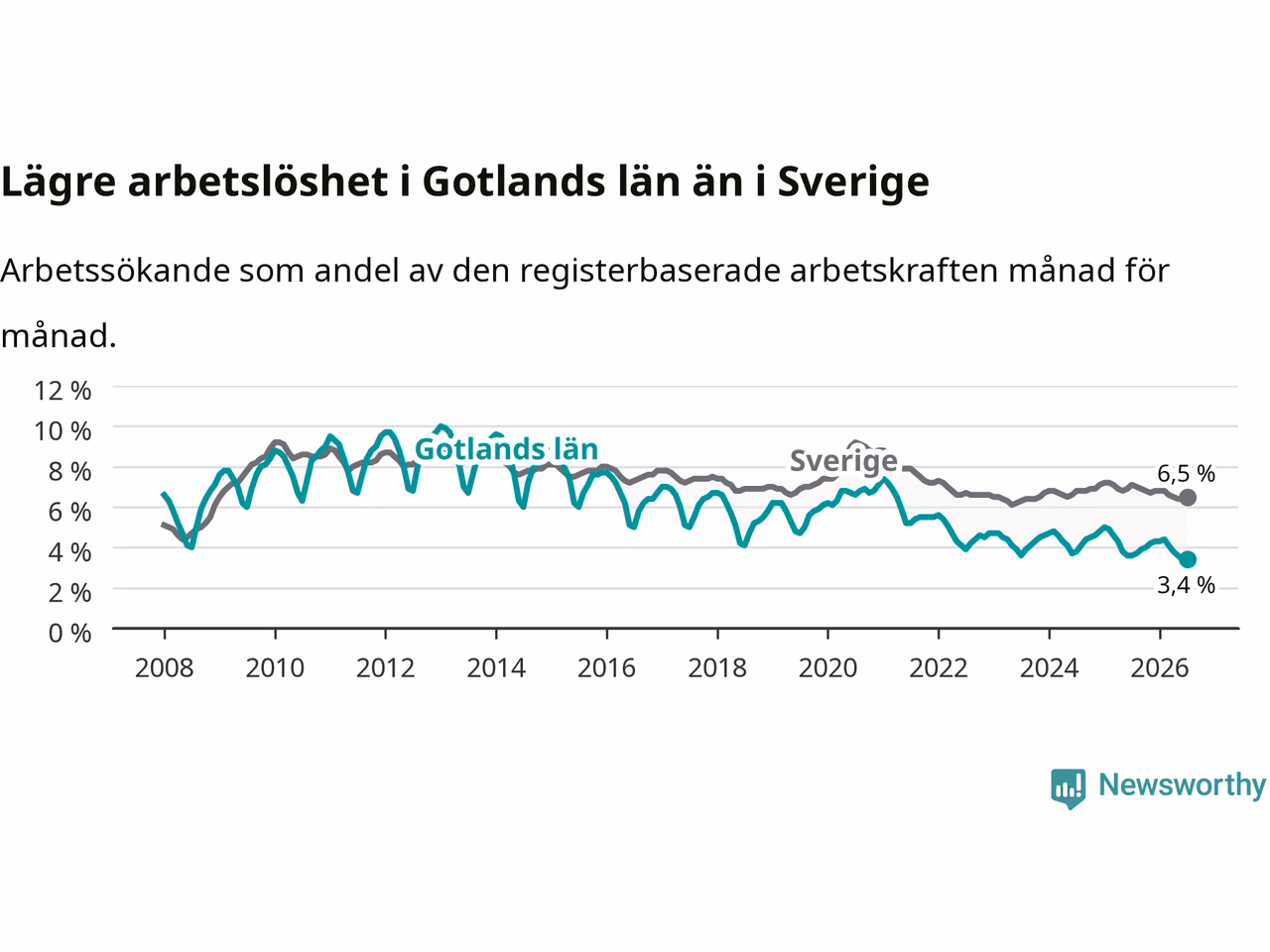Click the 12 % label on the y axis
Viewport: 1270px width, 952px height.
(63, 391)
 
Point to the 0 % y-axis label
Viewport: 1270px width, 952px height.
(70, 634)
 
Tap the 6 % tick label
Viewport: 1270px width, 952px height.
(70, 512)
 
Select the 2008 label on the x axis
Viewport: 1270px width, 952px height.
(165, 668)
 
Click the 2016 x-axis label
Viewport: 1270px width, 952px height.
(606, 668)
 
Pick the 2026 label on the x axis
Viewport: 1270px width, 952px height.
(1160, 668)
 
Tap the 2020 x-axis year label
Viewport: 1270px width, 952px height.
(827, 668)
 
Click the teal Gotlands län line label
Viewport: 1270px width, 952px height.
(506, 449)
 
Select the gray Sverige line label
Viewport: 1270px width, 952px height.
(843, 462)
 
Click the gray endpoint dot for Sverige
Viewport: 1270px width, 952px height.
(1188, 497)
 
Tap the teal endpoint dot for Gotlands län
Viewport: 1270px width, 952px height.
(1188, 559)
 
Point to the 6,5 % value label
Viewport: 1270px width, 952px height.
(1186, 474)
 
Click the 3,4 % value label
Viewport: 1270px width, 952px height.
(1186, 585)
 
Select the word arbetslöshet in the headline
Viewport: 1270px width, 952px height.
(258, 181)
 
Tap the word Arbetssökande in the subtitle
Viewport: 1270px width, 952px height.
(116, 270)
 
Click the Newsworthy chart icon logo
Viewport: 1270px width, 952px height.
(1068, 788)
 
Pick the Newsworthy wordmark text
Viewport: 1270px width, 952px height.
(1182, 786)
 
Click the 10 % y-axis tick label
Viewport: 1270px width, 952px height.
(63, 431)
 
